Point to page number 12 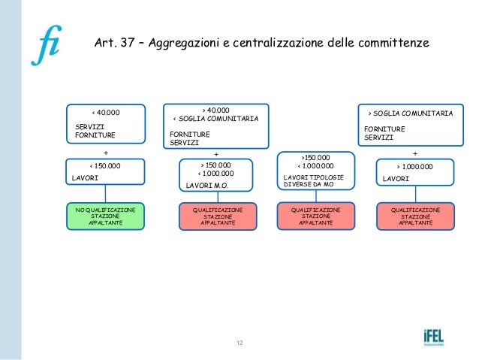pyautogui.click(x=239, y=343)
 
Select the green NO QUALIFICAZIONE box pyautogui.click(x=106, y=216)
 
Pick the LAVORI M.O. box pyautogui.click(x=216, y=176)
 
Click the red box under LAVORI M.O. pyautogui.click(x=218, y=216)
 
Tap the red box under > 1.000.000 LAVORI pyautogui.click(x=415, y=216)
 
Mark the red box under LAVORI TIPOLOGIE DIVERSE pyautogui.click(x=315, y=216)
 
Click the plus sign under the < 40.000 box pyautogui.click(x=105, y=153)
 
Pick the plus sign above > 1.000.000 pyautogui.click(x=415, y=153)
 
